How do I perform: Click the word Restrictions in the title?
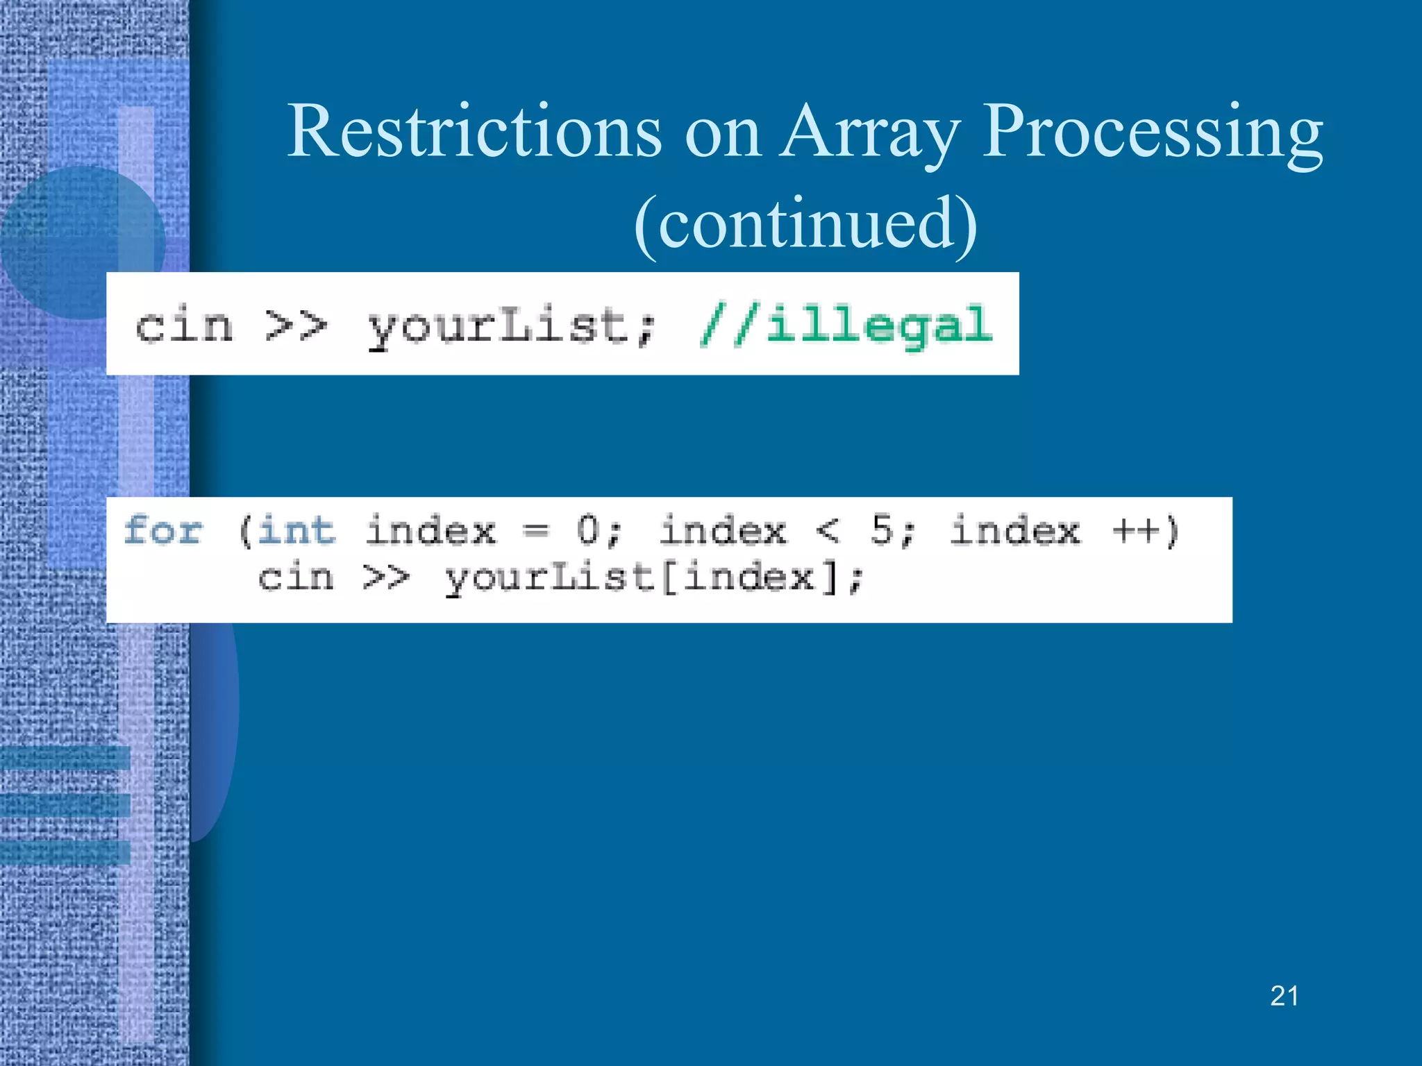(474, 131)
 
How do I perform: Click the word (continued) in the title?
(805, 223)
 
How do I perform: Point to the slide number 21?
(1284, 996)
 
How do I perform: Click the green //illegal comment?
(846, 325)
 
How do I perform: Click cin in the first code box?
(184, 325)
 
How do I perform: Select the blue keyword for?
(163, 532)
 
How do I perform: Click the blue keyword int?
(296, 532)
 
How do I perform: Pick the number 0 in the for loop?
(587, 532)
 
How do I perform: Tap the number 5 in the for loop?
(882, 532)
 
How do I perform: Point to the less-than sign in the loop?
(827, 532)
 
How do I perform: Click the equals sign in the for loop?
(535, 532)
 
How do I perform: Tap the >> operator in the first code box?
(296, 325)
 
